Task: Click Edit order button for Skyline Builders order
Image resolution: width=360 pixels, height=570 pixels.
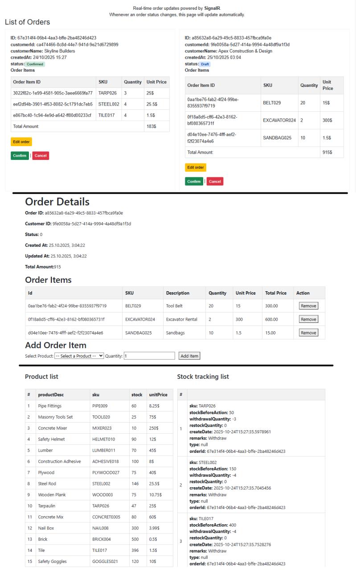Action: click(x=21, y=142)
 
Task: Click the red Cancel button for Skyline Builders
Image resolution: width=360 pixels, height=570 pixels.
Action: click(x=41, y=155)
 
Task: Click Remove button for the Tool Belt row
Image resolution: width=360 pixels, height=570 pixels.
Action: click(x=308, y=306)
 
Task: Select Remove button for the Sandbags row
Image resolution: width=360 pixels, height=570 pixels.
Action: click(x=308, y=333)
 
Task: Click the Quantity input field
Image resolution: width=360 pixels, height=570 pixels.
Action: click(x=149, y=355)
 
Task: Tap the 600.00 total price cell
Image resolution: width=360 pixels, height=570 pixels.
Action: click(x=271, y=319)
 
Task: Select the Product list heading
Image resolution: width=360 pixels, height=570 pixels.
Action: click(x=41, y=377)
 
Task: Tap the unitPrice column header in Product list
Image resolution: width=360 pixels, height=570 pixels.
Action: click(x=158, y=395)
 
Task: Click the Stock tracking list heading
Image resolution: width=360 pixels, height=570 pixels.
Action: click(x=203, y=377)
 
